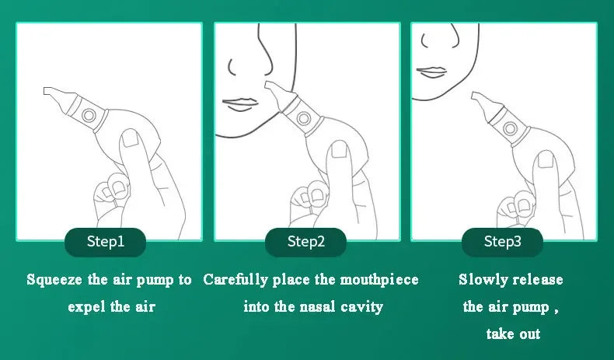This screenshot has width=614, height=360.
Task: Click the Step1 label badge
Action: pyautogui.click(x=105, y=242)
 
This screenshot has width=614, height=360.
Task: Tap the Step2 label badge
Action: pyautogui.click(x=305, y=242)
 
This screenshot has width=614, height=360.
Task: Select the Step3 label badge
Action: pyautogui.click(x=502, y=242)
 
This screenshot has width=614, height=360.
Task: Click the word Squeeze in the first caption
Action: pyautogui.click(x=51, y=280)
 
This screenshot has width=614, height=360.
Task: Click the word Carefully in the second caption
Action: pyautogui.click(x=235, y=280)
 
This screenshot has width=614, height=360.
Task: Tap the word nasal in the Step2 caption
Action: pyautogui.click(x=316, y=307)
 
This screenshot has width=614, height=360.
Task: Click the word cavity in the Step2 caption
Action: pyautogui.click(x=361, y=307)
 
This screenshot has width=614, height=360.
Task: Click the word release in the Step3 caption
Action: pyautogui.click(x=536, y=280)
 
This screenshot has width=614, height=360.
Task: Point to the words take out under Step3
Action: pyautogui.click(x=512, y=334)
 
